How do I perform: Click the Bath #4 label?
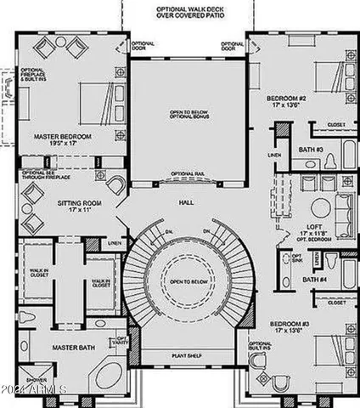pyautogui.click(x=316, y=280)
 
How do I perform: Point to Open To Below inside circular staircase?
pyautogui.click(x=186, y=280)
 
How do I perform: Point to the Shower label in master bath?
pyautogui.click(x=36, y=381)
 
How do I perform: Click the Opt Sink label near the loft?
pyautogui.click(x=297, y=258)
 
